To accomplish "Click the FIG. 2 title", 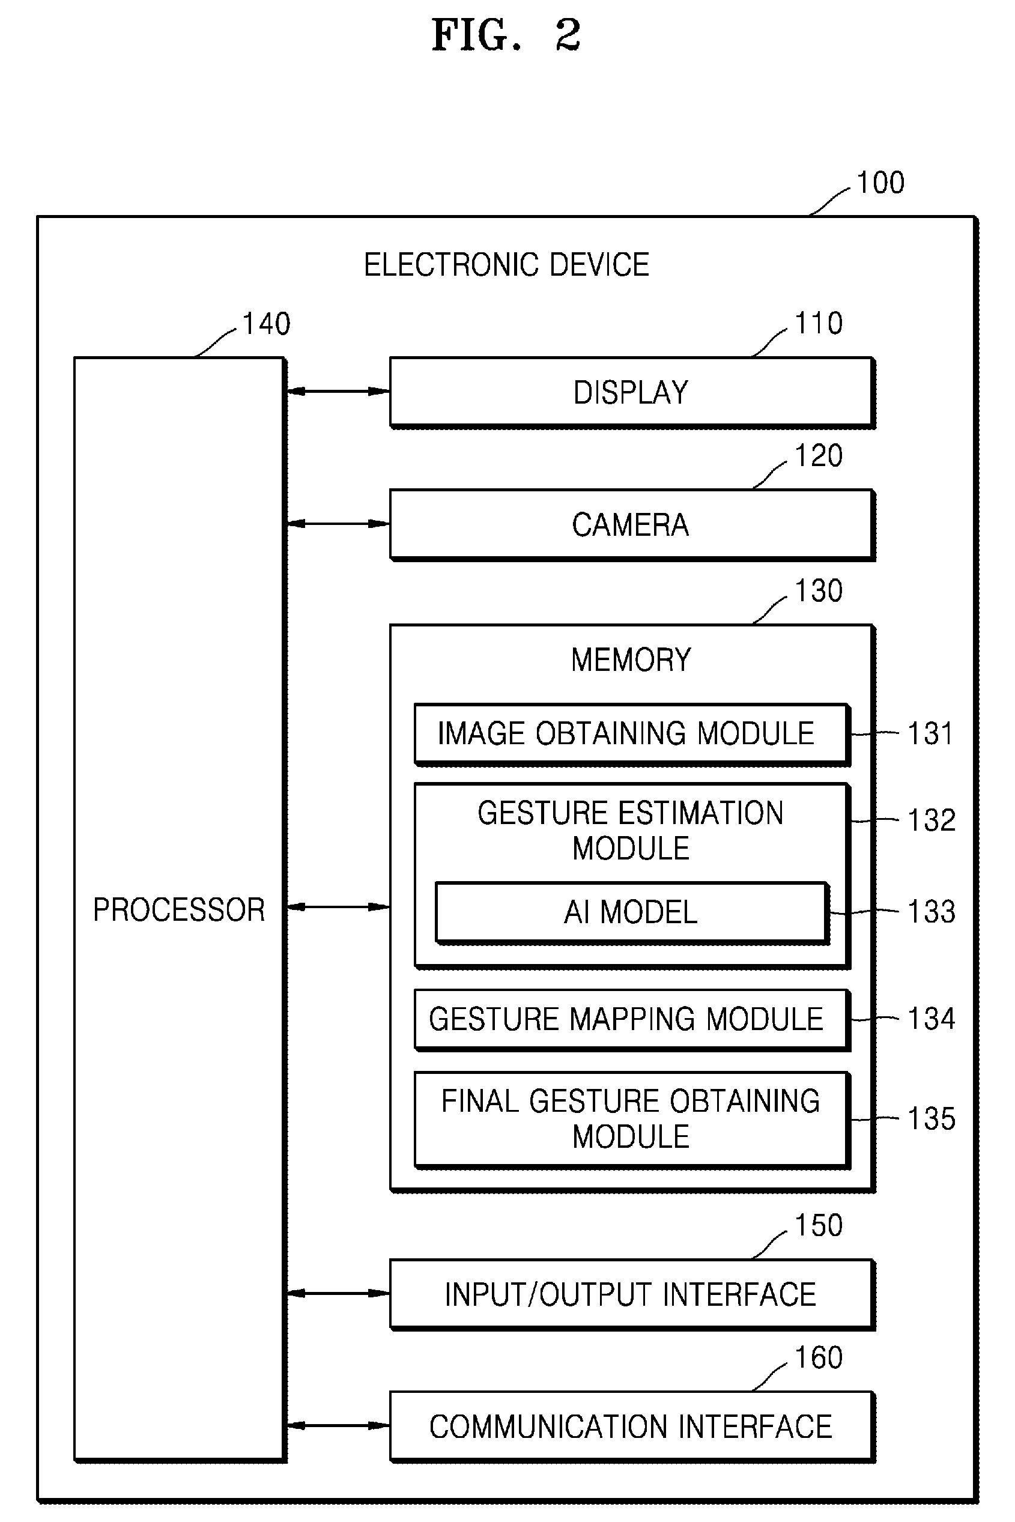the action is coord(506,35).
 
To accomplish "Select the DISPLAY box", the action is coord(632,392).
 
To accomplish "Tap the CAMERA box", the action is coord(632,524).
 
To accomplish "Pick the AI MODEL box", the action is coord(632,913).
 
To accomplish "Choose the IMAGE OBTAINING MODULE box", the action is coord(632,735).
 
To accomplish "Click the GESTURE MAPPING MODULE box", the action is coord(632,1020).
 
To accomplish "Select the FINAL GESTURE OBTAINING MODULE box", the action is coord(632,1120).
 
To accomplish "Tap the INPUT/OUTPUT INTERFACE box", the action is coord(632,1295).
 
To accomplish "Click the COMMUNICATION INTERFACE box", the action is coord(632,1427).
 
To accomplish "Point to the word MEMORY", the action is coord(631,659).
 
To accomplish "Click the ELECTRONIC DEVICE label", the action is coord(506,265).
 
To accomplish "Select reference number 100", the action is coord(880,183).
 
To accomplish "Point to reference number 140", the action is coord(266,324).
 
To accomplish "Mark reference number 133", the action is coord(932,912).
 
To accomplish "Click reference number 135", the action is coord(932,1120).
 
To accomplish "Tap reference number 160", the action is coord(819,1357).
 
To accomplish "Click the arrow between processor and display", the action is coord(338,391).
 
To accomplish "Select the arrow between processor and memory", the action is coord(338,907).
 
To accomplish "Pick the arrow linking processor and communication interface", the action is coord(338,1425).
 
